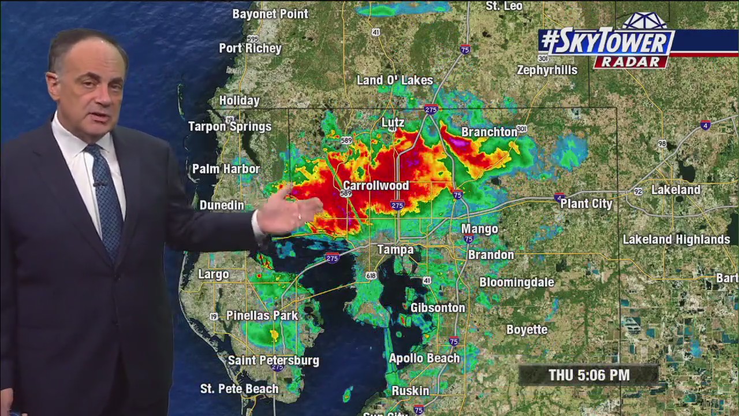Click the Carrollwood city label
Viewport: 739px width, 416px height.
click(376, 185)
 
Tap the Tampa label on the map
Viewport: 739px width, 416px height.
click(395, 250)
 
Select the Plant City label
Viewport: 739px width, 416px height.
click(586, 203)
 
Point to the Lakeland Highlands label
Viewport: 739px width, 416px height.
click(676, 239)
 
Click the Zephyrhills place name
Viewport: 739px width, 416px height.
click(547, 70)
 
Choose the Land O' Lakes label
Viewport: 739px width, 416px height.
click(395, 80)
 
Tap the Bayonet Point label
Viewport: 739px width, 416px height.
click(270, 14)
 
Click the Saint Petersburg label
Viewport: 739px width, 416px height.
click(274, 360)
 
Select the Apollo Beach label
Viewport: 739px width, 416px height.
click(424, 358)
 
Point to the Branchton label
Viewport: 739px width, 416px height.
click(490, 132)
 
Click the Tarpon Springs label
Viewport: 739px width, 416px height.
click(230, 127)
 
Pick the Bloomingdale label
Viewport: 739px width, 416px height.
click(517, 282)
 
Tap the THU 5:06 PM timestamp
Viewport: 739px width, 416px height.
click(589, 375)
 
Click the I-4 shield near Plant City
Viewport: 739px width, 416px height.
click(559, 198)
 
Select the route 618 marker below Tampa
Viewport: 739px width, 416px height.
click(371, 276)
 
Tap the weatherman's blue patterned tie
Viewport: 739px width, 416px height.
click(106, 196)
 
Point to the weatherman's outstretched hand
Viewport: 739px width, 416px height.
click(286, 211)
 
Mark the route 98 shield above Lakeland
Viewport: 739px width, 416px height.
click(662, 143)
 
